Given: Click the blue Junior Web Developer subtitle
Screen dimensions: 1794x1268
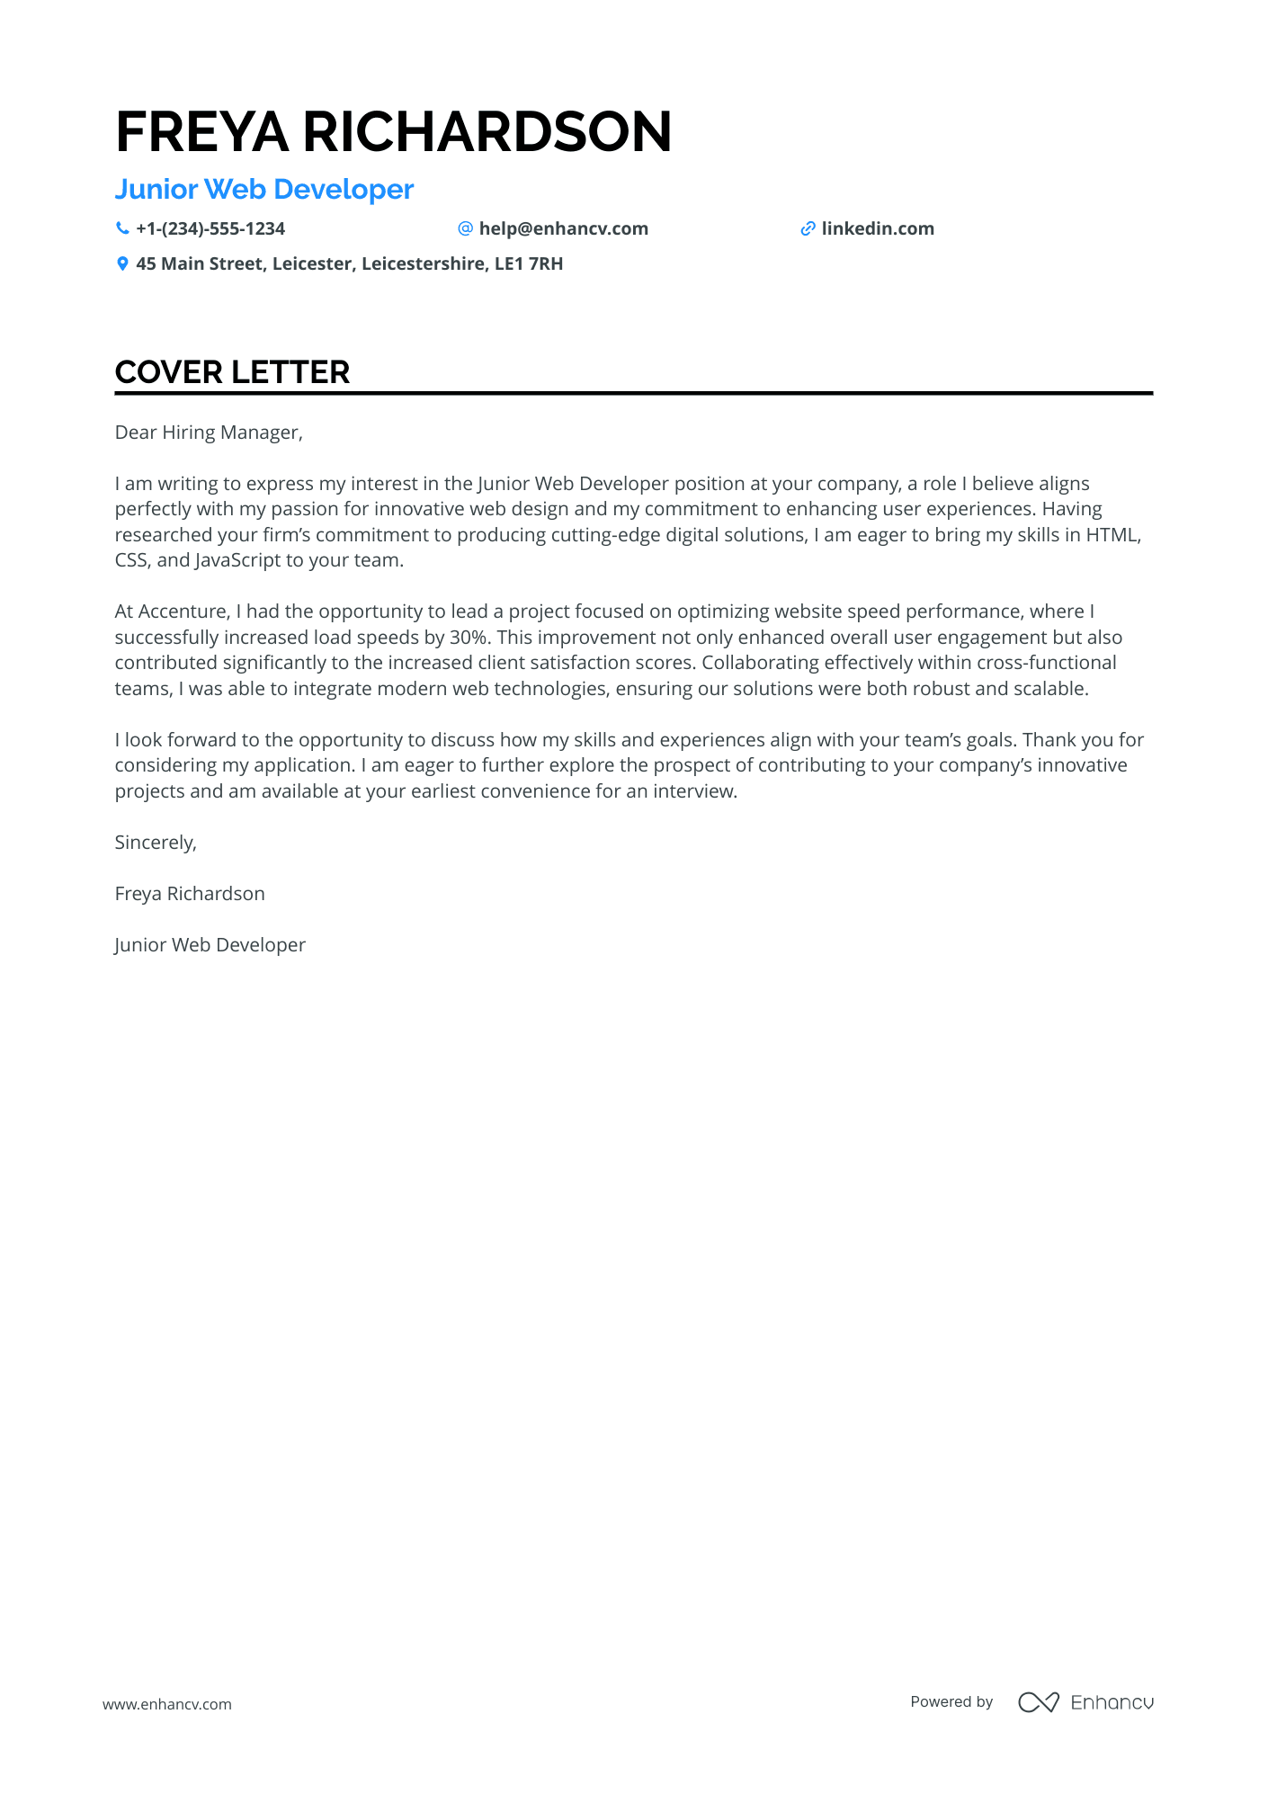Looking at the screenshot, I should pyautogui.click(x=264, y=190).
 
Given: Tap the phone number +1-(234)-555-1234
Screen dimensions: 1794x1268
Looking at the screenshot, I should pyautogui.click(x=210, y=229).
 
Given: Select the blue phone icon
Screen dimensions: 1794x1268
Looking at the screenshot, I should pyautogui.click(x=122, y=229).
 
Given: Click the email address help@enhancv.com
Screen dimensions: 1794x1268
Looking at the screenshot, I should pyautogui.click(x=563, y=229).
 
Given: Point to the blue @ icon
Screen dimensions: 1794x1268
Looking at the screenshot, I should pyautogui.click(x=465, y=229).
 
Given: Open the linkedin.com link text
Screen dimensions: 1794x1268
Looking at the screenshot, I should pyautogui.click(x=878, y=229).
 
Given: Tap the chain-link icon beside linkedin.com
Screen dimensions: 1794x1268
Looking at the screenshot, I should pyautogui.click(x=808, y=229).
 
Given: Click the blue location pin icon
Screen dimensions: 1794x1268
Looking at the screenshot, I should pyautogui.click(x=122, y=264).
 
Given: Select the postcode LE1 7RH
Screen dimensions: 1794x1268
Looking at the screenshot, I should pyautogui.click(x=529, y=264).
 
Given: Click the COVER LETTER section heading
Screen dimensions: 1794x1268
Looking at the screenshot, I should pyautogui.click(x=232, y=372).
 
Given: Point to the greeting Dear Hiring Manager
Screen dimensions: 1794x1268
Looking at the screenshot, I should pyautogui.click(x=209, y=433).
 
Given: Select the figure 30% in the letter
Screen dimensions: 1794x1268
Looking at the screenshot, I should pyautogui.click(x=469, y=638).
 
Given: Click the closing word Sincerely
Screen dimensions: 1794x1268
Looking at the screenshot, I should pyautogui.click(x=156, y=843).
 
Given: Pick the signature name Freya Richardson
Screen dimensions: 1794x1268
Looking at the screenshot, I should pyautogui.click(x=190, y=894).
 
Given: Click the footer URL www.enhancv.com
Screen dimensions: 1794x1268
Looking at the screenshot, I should pyautogui.click(x=167, y=1704).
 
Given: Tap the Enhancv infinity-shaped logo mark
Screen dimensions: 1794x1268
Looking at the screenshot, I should pyautogui.click(x=1038, y=1702).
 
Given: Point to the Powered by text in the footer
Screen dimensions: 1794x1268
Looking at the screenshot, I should pyautogui.click(x=951, y=1702).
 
